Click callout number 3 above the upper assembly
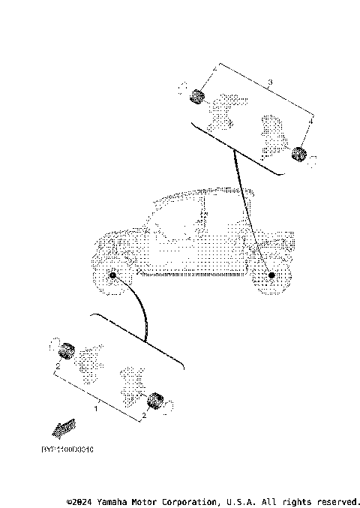[270, 80]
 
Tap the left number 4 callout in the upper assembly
[214, 69]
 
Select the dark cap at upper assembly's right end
[299, 155]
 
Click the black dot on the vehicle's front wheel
[113, 275]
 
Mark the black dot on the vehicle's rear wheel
[271, 276]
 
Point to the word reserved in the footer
[337, 500]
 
